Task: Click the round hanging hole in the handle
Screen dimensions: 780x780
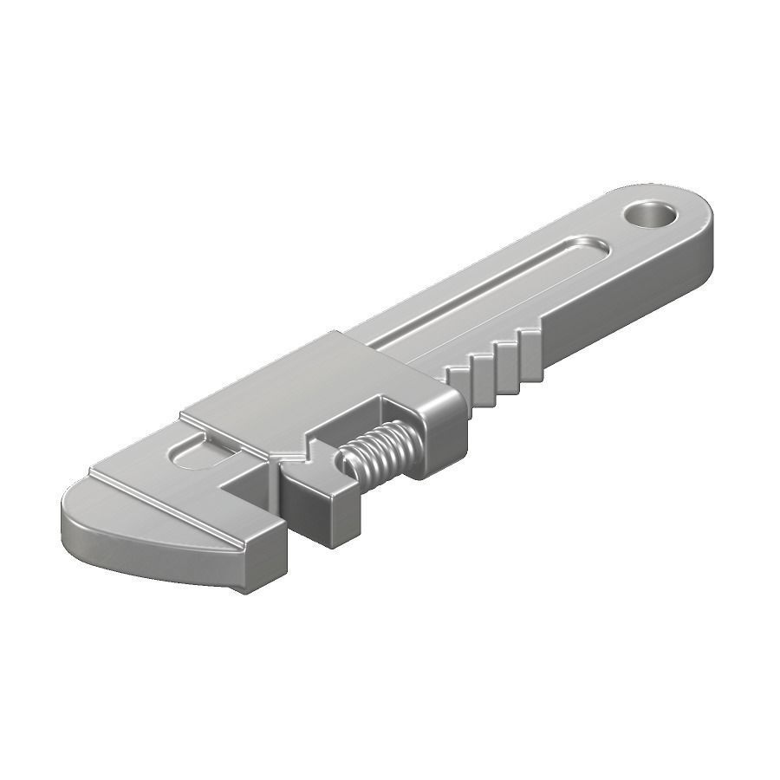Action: (652, 213)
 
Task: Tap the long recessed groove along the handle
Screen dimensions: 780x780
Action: (485, 295)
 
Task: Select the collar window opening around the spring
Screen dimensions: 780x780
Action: (390, 425)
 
